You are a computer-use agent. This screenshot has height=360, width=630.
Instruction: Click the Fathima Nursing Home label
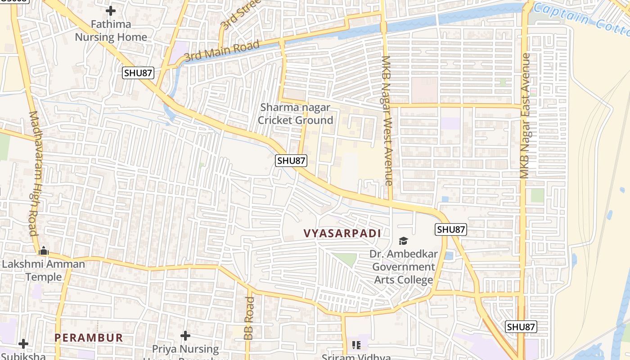(111, 31)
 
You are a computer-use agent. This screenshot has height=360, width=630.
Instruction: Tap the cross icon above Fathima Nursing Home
(111, 11)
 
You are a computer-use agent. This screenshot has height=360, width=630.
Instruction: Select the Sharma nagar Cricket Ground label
(295, 114)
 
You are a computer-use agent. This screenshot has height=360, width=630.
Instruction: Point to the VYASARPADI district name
(342, 233)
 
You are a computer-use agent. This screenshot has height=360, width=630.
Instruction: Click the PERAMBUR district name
(89, 337)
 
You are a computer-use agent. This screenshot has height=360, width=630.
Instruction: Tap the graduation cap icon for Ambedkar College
(403, 241)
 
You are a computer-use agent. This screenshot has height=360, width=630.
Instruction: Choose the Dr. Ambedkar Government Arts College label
(404, 267)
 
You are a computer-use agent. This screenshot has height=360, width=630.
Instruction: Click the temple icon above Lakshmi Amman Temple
(44, 251)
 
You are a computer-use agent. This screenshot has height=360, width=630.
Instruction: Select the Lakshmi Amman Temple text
(44, 270)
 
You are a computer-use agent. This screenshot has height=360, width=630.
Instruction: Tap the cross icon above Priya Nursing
(185, 336)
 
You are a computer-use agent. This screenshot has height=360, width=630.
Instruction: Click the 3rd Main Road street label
(222, 50)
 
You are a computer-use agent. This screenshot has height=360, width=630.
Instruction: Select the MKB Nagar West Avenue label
(387, 120)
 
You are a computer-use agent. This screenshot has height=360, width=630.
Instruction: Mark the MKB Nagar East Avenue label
(525, 116)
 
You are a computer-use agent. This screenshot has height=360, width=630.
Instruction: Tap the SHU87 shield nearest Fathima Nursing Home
(138, 73)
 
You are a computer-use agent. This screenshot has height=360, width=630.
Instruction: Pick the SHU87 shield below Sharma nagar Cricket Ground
(291, 160)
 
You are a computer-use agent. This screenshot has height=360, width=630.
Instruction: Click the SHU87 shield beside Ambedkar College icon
(451, 229)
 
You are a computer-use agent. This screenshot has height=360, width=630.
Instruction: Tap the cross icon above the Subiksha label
(23, 344)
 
